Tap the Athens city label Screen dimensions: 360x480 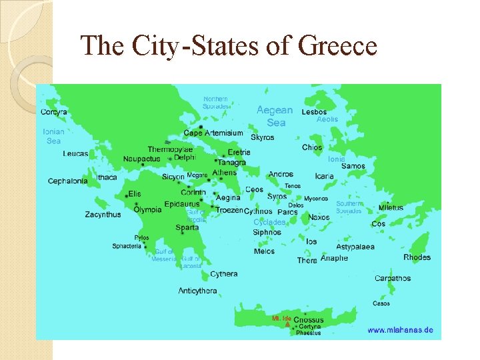click(224, 173)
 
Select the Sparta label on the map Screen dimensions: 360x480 click(187, 227)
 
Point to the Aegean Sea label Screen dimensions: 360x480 click(275, 116)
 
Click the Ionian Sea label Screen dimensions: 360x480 click(53, 136)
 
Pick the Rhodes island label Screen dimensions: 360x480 click(417, 257)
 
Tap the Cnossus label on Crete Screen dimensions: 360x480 click(308, 320)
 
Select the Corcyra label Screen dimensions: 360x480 click(53, 112)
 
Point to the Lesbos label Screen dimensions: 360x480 click(314, 112)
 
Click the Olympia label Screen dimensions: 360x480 click(147, 209)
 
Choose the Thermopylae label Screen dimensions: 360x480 click(170, 149)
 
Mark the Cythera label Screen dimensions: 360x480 click(223, 274)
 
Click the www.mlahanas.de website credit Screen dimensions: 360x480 click(400, 330)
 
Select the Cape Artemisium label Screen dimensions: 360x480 click(213, 133)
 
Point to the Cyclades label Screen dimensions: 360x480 click(269, 222)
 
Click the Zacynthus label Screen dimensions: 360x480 click(103, 215)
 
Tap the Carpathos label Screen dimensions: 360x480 click(393, 278)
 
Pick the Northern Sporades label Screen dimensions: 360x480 click(215, 102)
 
